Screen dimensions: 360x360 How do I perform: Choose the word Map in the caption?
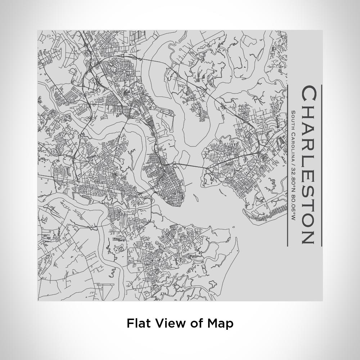coord(220,323)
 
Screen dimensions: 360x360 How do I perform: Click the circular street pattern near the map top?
coord(124,70)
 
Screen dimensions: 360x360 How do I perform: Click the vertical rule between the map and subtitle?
coord(287,166)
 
